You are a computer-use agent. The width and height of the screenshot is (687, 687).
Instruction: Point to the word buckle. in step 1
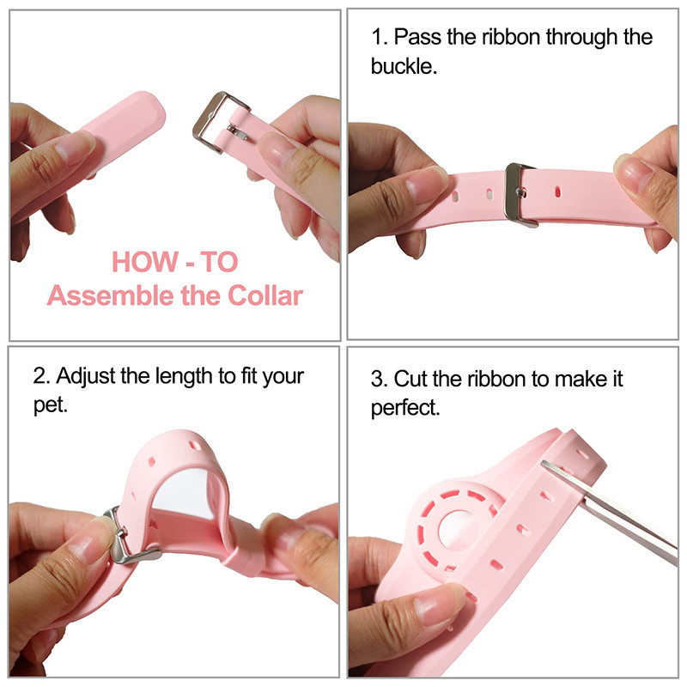(x=404, y=66)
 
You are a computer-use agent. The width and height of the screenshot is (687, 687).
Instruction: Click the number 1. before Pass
(x=379, y=38)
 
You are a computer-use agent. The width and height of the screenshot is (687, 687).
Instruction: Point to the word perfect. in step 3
(x=405, y=407)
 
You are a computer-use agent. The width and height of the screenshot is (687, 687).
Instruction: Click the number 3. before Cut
(x=379, y=378)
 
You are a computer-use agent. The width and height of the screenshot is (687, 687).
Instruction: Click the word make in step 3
(x=578, y=378)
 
